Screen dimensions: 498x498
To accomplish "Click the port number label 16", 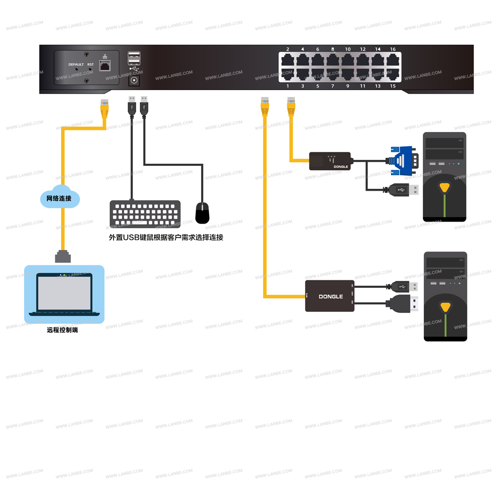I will pos(393,49).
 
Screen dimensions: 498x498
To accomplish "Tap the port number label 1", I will pos(288,86).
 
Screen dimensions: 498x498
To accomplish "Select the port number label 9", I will pos(348,86).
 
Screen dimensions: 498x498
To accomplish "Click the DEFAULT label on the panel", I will pos(76,65).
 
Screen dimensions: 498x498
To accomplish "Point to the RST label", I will pos(90,65).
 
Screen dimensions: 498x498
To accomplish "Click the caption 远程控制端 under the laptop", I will pos(62,330).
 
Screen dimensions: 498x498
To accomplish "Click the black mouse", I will pos(202,213).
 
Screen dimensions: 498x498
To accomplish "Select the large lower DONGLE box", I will pos(330,296).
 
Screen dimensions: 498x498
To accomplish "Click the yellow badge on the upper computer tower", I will pos(444,188).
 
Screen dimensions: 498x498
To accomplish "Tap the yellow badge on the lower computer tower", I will pos(445,307).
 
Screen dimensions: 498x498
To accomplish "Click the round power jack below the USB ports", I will pos(134,80).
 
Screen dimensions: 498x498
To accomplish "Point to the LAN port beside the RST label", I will pos(105,65).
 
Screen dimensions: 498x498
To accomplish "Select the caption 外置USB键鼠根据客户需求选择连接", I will pos(166,238).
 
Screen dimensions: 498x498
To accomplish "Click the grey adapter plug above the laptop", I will pos(63,256).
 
